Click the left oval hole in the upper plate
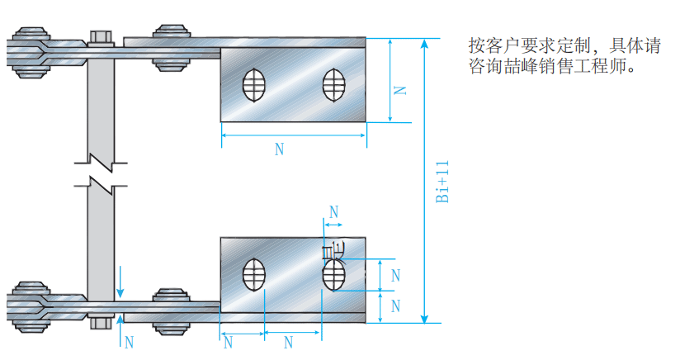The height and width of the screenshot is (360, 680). [253, 85]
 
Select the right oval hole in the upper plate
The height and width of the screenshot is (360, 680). [333, 85]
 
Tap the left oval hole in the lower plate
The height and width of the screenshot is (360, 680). [253, 275]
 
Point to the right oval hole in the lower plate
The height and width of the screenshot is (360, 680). [333, 275]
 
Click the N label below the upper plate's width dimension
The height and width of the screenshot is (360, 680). [279, 149]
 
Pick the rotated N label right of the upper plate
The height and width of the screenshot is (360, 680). [399, 88]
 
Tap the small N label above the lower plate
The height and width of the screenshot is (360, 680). [333, 211]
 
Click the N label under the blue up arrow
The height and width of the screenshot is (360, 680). [127, 341]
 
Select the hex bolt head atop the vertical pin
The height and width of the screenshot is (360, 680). [99, 36]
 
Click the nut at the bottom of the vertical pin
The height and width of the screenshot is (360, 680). [99, 320]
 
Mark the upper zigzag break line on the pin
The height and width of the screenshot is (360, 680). [99, 154]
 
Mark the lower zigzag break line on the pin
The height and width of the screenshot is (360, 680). [99, 181]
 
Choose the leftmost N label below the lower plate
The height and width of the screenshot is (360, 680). [229, 342]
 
